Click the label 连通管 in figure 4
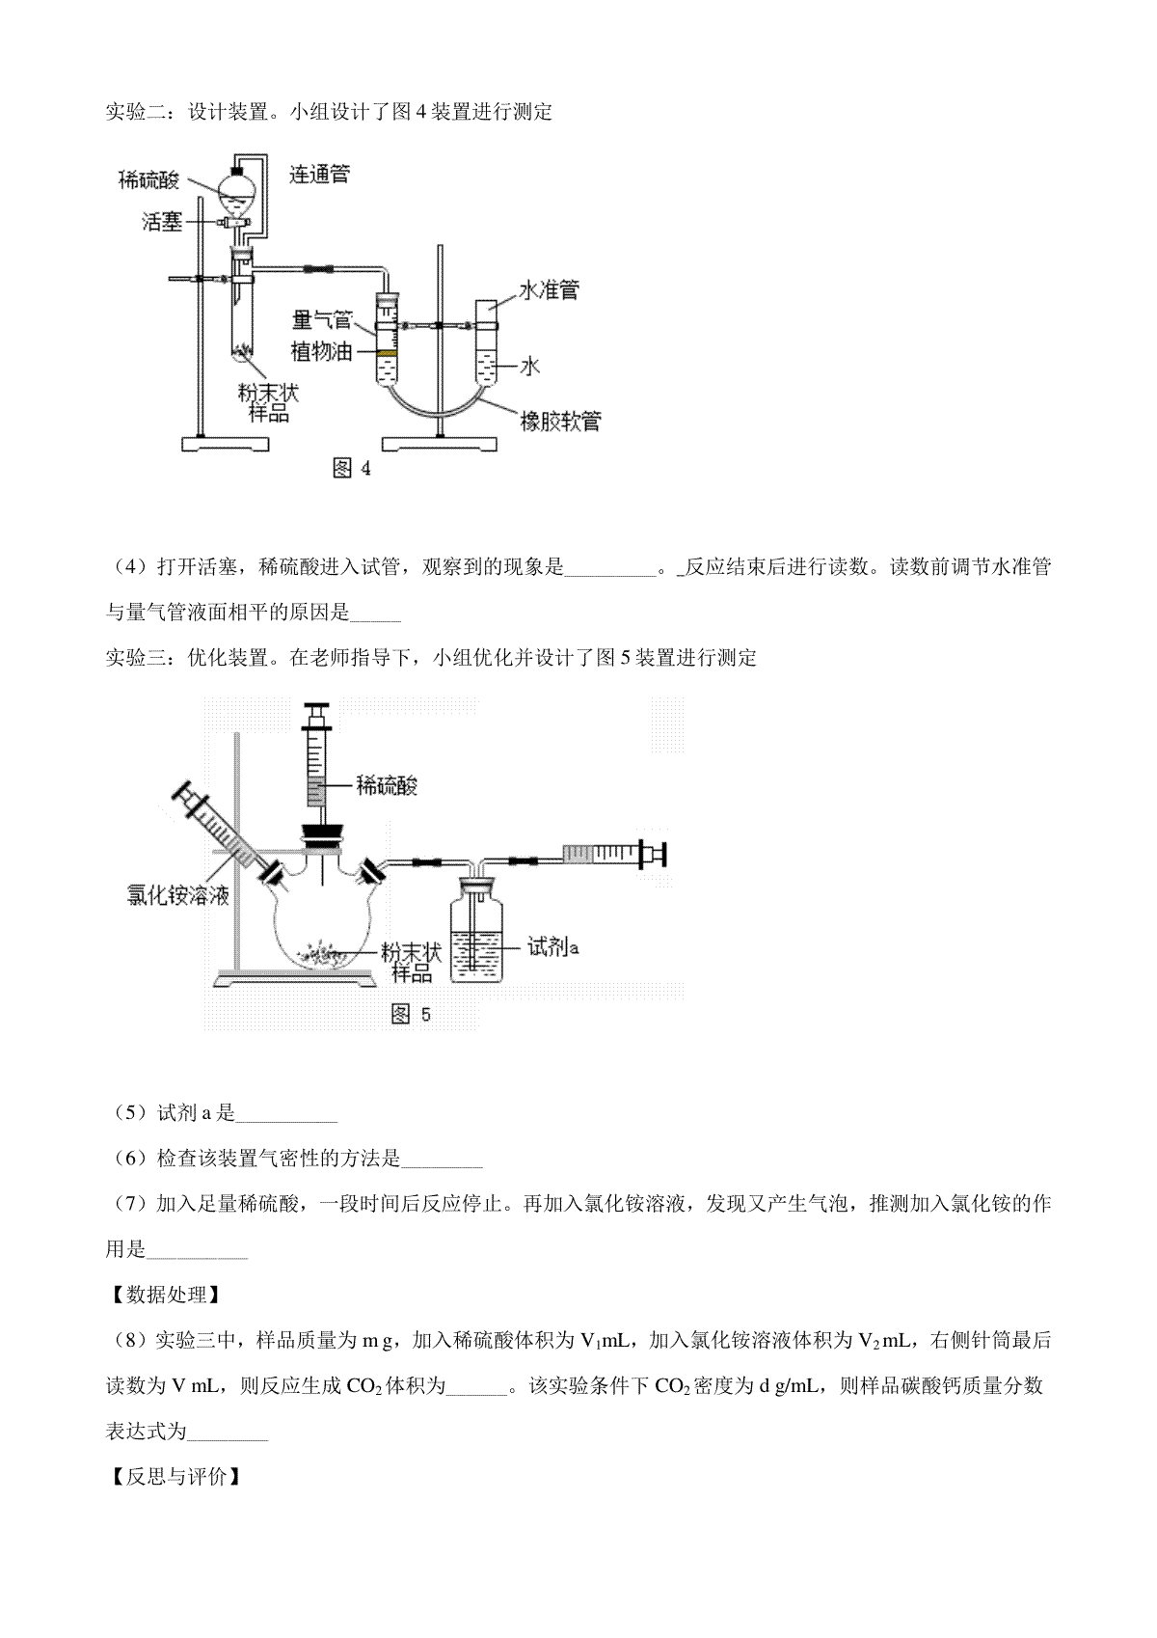pos(319,174)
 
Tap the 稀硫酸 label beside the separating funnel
pos(149,179)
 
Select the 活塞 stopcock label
pos(162,222)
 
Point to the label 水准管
pos(549,290)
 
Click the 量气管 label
pos(322,320)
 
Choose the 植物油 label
pos(322,352)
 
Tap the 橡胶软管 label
pos(560,422)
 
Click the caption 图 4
pos(352,468)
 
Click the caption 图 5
pos(411,1014)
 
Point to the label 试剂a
pos(553,947)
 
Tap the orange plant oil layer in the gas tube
pos(387,353)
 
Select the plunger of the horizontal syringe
pos(653,854)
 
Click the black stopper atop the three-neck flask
pos(322,835)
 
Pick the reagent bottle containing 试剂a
pos(475,929)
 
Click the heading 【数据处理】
pos(165,1295)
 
